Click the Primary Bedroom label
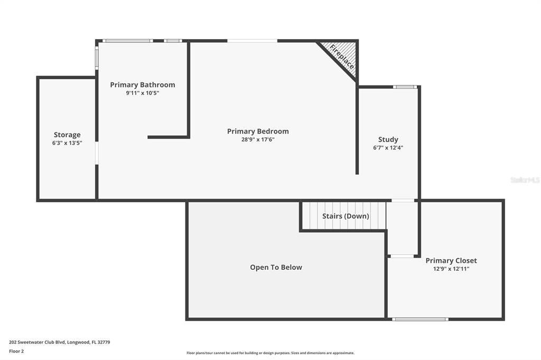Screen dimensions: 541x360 (x=258, y=131)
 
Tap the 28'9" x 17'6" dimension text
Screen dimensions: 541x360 (x=258, y=140)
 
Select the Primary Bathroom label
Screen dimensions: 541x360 (x=143, y=85)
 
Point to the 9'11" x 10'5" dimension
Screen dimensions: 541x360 (x=143, y=93)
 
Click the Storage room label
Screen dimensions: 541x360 (x=67, y=135)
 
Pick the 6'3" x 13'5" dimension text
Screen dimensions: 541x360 (x=67, y=143)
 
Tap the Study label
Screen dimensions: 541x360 (x=388, y=140)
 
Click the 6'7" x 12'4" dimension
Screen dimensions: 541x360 (x=388, y=148)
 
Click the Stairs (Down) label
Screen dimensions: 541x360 (x=346, y=216)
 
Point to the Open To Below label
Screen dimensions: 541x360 (x=276, y=267)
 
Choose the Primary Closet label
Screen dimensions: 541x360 (x=451, y=261)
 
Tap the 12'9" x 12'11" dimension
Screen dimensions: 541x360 (x=451, y=269)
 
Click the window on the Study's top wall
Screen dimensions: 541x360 (x=405, y=87)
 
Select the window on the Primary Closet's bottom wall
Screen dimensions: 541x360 (x=420, y=319)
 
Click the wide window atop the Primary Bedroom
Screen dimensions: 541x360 (x=252, y=41)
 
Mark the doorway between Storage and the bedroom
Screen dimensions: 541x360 (x=97, y=153)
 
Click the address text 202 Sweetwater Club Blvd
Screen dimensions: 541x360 (x=38, y=343)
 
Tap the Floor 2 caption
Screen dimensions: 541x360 (x=16, y=352)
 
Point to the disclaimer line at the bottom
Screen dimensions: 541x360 (x=270, y=353)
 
